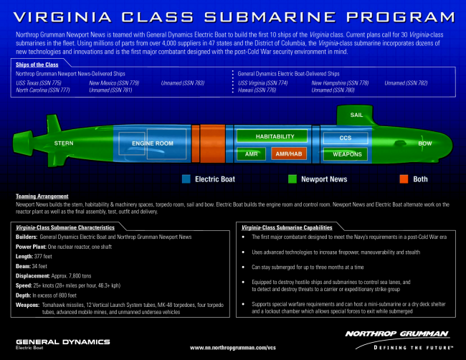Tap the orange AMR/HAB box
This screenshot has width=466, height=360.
click(x=289, y=153)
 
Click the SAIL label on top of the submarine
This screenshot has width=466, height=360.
click(x=356, y=115)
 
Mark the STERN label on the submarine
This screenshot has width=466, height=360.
click(x=64, y=143)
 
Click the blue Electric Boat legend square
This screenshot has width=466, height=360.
click(x=186, y=179)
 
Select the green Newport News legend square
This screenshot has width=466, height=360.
click(x=292, y=179)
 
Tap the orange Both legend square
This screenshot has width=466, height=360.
click(x=385, y=179)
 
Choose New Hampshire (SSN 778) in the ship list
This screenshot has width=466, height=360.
click(x=340, y=83)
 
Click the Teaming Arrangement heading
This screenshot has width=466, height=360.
click(x=42, y=196)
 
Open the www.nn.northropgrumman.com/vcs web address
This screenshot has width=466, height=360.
click(x=232, y=346)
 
